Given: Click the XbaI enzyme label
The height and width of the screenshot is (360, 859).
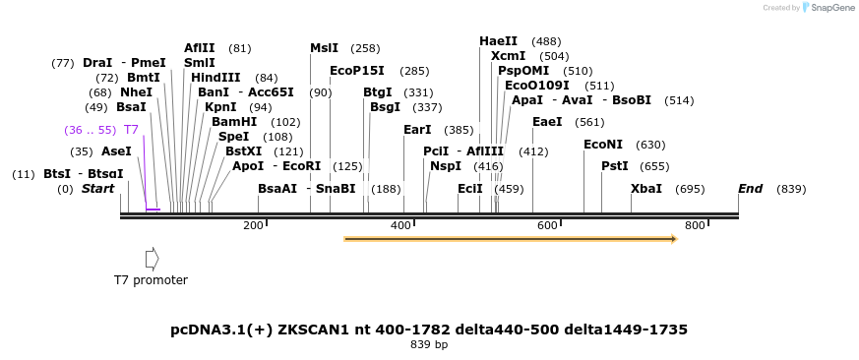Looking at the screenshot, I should (646, 189).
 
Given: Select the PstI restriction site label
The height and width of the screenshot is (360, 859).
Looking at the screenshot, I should (615, 166).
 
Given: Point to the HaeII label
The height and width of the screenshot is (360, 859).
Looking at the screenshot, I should (498, 41).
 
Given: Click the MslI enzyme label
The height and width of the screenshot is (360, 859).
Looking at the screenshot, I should (324, 48).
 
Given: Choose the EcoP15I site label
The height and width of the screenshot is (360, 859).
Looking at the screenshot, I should (357, 71).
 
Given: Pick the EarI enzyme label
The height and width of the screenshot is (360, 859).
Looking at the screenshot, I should (417, 130).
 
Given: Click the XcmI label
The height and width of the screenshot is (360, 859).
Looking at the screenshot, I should (508, 56).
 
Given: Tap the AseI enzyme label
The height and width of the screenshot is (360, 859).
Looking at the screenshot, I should (116, 151).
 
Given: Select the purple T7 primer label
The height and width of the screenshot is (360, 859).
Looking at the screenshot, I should (131, 130).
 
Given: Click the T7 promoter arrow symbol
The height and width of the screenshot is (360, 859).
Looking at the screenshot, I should (152, 259).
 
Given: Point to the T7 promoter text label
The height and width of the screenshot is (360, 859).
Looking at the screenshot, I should (151, 280).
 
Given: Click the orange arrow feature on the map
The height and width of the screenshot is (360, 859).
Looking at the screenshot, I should (510, 238).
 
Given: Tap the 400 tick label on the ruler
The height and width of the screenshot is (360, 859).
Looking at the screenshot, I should (401, 226).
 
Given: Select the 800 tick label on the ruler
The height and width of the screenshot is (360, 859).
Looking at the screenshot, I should (696, 226).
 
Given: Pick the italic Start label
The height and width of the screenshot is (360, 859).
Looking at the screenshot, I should (97, 189).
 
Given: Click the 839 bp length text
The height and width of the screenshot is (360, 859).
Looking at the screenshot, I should (429, 345).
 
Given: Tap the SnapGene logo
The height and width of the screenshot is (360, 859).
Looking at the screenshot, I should (828, 8).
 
